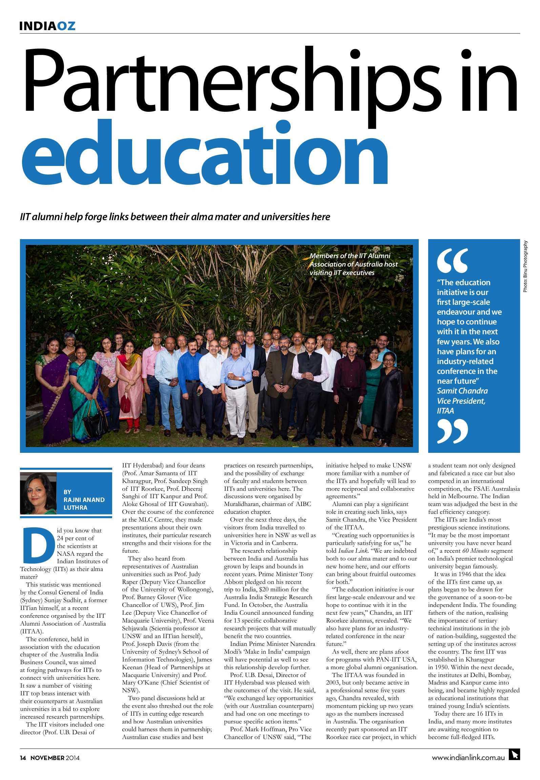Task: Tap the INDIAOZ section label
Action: [47, 26]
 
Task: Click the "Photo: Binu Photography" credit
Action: [525, 266]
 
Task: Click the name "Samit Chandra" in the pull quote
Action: [462, 391]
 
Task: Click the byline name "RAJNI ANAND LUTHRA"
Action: [84, 500]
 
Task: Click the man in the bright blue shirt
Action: [188, 376]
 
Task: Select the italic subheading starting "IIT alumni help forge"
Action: [175, 216]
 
